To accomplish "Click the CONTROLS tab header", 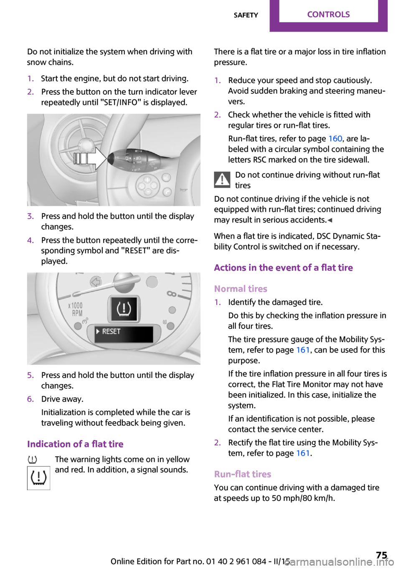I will (328, 15).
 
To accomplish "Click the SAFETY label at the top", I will (246, 15).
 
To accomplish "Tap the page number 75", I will (381, 555).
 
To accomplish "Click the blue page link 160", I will (335, 139).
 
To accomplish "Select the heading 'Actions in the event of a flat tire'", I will (283, 268).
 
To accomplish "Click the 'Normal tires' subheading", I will (241, 289).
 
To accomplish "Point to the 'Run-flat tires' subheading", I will (243, 474).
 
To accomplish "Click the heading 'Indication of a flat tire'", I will (75, 444).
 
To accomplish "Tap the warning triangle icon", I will (222, 180).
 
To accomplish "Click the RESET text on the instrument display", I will (111, 331).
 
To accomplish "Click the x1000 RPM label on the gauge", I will (76, 309).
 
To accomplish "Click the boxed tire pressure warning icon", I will (38, 478).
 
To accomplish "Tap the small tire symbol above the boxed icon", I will (32, 460).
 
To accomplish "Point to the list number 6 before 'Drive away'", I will (30, 399).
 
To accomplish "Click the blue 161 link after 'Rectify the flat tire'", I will (303, 453).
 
